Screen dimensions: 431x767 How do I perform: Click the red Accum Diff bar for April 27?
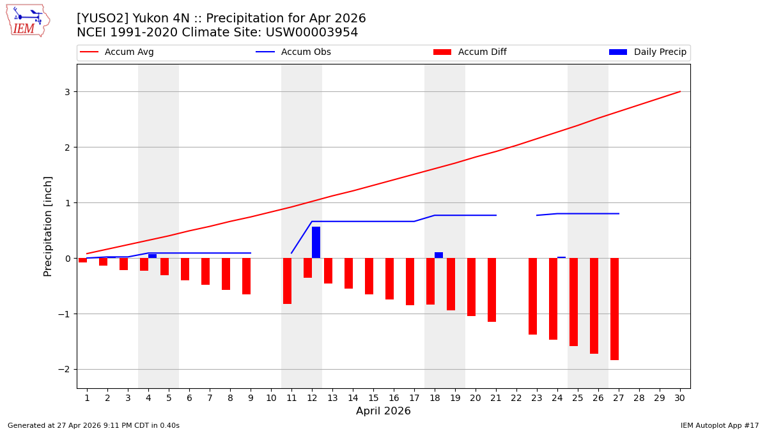[x=614, y=309]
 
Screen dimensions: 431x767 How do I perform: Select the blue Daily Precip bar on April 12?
[x=316, y=243]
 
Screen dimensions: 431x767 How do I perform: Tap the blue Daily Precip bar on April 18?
[x=438, y=255]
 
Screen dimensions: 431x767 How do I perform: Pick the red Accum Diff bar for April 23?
[x=532, y=296]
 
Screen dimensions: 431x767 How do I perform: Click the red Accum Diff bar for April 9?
[x=246, y=276]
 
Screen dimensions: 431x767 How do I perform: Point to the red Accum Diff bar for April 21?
[x=492, y=290]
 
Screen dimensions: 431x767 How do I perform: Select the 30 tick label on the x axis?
[x=679, y=398]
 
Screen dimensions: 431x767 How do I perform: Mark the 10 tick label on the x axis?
[x=271, y=398]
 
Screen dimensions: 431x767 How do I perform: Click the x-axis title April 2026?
[x=383, y=411]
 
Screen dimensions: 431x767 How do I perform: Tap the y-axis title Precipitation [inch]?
[x=48, y=226]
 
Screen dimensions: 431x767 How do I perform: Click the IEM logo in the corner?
[x=27, y=20]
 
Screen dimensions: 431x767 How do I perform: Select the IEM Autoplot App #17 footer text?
[x=720, y=425]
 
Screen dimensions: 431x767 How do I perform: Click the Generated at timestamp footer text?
[x=93, y=425]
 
